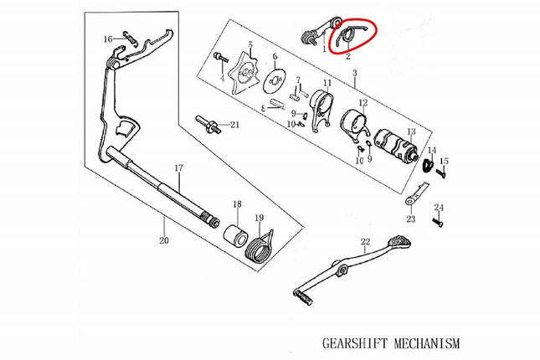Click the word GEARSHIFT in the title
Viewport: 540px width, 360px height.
click(354, 343)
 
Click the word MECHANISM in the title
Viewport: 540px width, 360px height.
click(427, 343)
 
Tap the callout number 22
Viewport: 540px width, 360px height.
click(365, 242)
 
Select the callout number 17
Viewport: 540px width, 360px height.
click(178, 168)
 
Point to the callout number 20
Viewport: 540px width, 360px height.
click(164, 240)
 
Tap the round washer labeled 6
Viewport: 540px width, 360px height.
click(275, 81)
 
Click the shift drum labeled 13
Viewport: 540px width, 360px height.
click(396, 146)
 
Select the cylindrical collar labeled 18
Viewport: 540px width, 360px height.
click(236, 234)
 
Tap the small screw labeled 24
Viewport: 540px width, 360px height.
click(438, 223)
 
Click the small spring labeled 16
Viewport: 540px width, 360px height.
click(130, 37)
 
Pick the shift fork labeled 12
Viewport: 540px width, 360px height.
click(355, 126)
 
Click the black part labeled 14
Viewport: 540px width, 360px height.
click(428, 165)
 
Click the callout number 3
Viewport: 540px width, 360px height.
click(355, 73)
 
